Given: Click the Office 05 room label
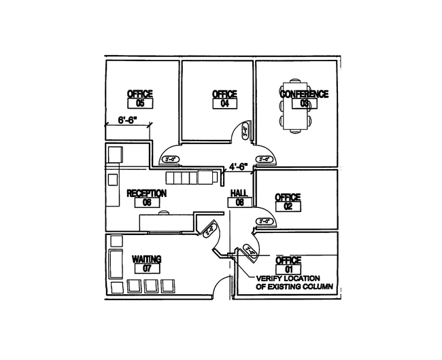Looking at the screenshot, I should pos(140,94).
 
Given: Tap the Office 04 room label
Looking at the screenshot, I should pos(224,94).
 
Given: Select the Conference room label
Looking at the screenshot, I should pos(305,94).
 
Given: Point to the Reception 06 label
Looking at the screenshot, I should pos(147,194).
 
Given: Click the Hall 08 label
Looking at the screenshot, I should pos(239,194).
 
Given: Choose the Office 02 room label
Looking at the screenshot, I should pos(288,198).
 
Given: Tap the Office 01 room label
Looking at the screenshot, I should pos(288,261).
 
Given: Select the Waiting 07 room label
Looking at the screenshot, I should pos(146,259).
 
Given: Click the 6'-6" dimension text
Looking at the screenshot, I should pos(128,120).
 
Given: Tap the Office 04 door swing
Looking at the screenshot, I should pos(245,130).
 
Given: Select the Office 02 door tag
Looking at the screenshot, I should pos(265,221).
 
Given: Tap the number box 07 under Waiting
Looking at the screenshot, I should pos(146,268).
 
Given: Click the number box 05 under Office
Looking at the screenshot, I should pos(140,103).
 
